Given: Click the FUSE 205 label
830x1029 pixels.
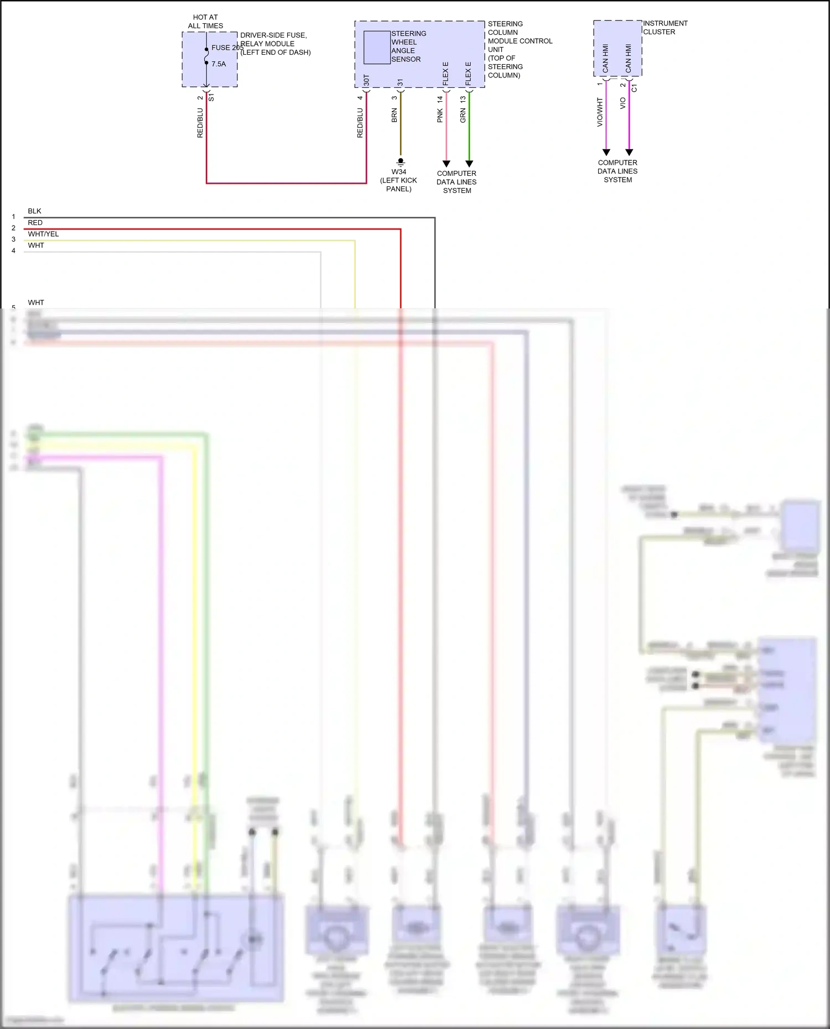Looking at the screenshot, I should pyautogui.click(x=227, y=48).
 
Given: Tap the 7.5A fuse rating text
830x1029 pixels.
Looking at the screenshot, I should pyautogui.click(x=219, y=64).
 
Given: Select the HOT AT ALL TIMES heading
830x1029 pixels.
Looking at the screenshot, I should pyautogui.click(x=205, y=22).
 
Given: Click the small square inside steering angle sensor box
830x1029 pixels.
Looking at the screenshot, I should pyautogui.click(x=377, y=48).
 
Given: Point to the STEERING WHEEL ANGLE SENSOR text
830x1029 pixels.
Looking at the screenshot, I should pyautogui.click(x=408, y=46).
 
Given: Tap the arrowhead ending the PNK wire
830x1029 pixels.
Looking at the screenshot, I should pyautogui.click(x=447, y=164).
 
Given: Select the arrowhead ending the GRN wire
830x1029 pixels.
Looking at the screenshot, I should pyautogui.click(x=469, y=164).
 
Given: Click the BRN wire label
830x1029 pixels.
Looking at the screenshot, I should pyautogui.click(x=394, y=116).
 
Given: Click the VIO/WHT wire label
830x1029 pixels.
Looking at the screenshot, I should pyautogui.click(x=600, y=112).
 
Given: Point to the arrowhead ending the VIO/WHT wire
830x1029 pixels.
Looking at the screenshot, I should pyautogui.click(x=606, y=152).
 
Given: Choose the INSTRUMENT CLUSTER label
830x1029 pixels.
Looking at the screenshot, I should pyautogui.click(x=665, y=28).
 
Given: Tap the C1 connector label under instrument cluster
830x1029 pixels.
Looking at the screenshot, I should pyautogui.click(x=634, y=88).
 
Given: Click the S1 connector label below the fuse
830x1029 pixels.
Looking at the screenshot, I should pyautogui.click(x=211, y=97).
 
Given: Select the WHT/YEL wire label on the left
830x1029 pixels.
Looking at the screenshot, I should pyautogui.click(x=43, y=234).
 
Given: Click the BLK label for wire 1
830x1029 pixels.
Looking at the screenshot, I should pyautogui.click(x=34, y=211).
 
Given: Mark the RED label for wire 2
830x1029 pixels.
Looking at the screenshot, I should pyautogui.click(x=35, y=223).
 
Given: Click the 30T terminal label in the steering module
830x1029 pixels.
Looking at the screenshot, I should pyautogui.click(x=366, y=80).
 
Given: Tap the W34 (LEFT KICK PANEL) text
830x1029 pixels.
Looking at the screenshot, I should pyautogui.click(x=398, y=180).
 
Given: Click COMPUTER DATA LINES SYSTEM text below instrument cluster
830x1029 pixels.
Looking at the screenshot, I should pyautogui.click(x=618, y=171).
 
